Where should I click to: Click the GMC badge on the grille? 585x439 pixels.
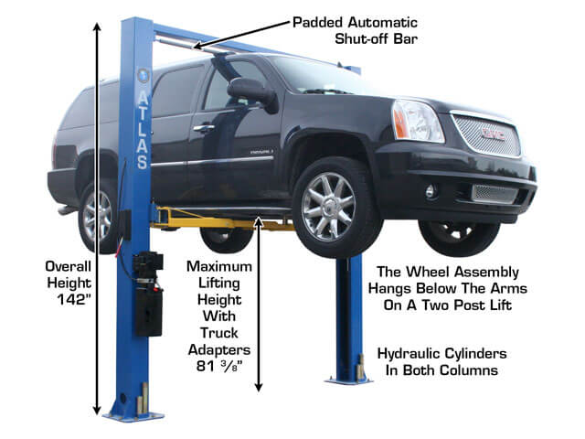coord(493,134)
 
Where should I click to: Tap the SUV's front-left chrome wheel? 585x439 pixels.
coord(328,207)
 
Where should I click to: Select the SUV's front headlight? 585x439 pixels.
coord(417,121)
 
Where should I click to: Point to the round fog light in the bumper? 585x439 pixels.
coord(431,191)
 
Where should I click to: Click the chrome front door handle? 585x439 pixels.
coord(203,128)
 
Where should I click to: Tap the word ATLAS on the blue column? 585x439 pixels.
coord(143,131)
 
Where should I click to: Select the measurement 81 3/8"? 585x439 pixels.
coord(219,366)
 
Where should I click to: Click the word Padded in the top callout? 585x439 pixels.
coord(317,23)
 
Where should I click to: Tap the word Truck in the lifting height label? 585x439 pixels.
coord(219,333)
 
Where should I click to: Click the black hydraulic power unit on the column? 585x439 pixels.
coord(148,294)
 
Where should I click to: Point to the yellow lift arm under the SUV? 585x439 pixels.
coord(222,220)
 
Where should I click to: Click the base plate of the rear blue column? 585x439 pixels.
coord(349,380)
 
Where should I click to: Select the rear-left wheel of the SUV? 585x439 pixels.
coord(98,217)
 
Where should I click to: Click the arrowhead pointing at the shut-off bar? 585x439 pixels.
coord(198,47)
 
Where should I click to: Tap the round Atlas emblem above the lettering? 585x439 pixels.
coord(143,76)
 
